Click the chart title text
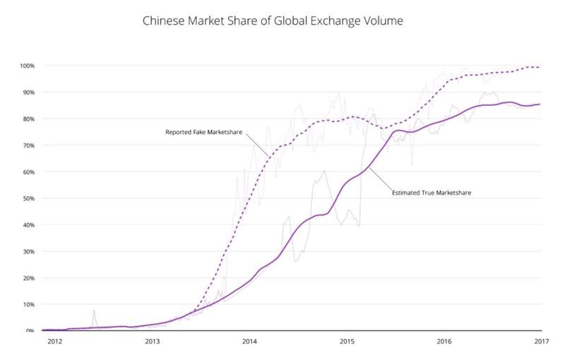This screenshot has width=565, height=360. coord(273,21)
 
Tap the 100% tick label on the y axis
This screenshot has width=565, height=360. coord(28,66)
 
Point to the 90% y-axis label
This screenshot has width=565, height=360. coord(28,92)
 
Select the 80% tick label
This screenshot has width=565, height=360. coord(28,119)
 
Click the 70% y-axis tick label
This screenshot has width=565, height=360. coord(28,145)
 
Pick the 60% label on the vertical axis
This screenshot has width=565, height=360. coord(28,172)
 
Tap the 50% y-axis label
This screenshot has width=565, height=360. coord(28,198)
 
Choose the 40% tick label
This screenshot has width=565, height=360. coord(28,225)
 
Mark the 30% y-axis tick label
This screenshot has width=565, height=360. coord(28,251)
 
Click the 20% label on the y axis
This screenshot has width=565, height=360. coord(28,278)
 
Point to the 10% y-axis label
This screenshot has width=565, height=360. coord(28,304)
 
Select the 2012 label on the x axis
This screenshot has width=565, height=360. coord(55,341)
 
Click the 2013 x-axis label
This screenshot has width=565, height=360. coord(153,341)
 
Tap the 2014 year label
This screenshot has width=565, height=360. coord(250,341)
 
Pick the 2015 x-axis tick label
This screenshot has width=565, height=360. coord(347,341)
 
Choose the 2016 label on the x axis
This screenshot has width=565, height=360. coord(444,341)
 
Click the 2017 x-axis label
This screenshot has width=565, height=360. coord(542,341)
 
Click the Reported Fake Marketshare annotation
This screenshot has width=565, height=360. coord(203,133)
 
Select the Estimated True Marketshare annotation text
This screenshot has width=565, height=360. coord(432,193)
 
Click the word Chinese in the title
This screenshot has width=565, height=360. coord(164,21)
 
